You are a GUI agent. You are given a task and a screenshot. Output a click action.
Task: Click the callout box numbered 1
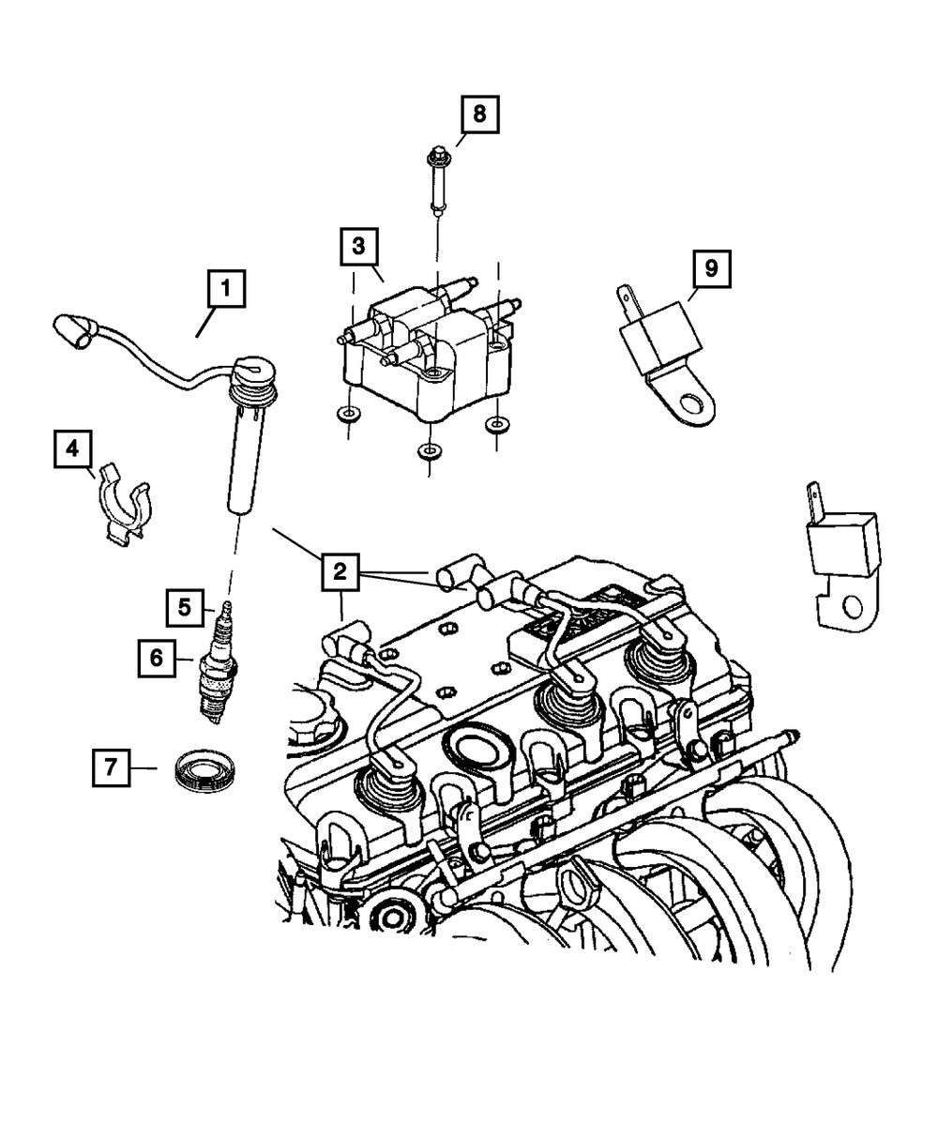225,290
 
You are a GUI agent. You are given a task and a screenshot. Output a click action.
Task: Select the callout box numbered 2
340,571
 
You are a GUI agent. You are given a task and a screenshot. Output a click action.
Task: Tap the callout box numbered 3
357,248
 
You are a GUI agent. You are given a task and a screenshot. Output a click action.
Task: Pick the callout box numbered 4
71,449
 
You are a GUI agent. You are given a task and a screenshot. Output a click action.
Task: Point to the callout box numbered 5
186,608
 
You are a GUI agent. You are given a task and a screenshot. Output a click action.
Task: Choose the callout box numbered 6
158,658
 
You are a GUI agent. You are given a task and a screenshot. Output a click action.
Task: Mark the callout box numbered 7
112,768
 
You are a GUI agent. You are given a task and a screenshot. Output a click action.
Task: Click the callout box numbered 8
478,115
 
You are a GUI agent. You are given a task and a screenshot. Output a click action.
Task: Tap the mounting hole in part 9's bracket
690,405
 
